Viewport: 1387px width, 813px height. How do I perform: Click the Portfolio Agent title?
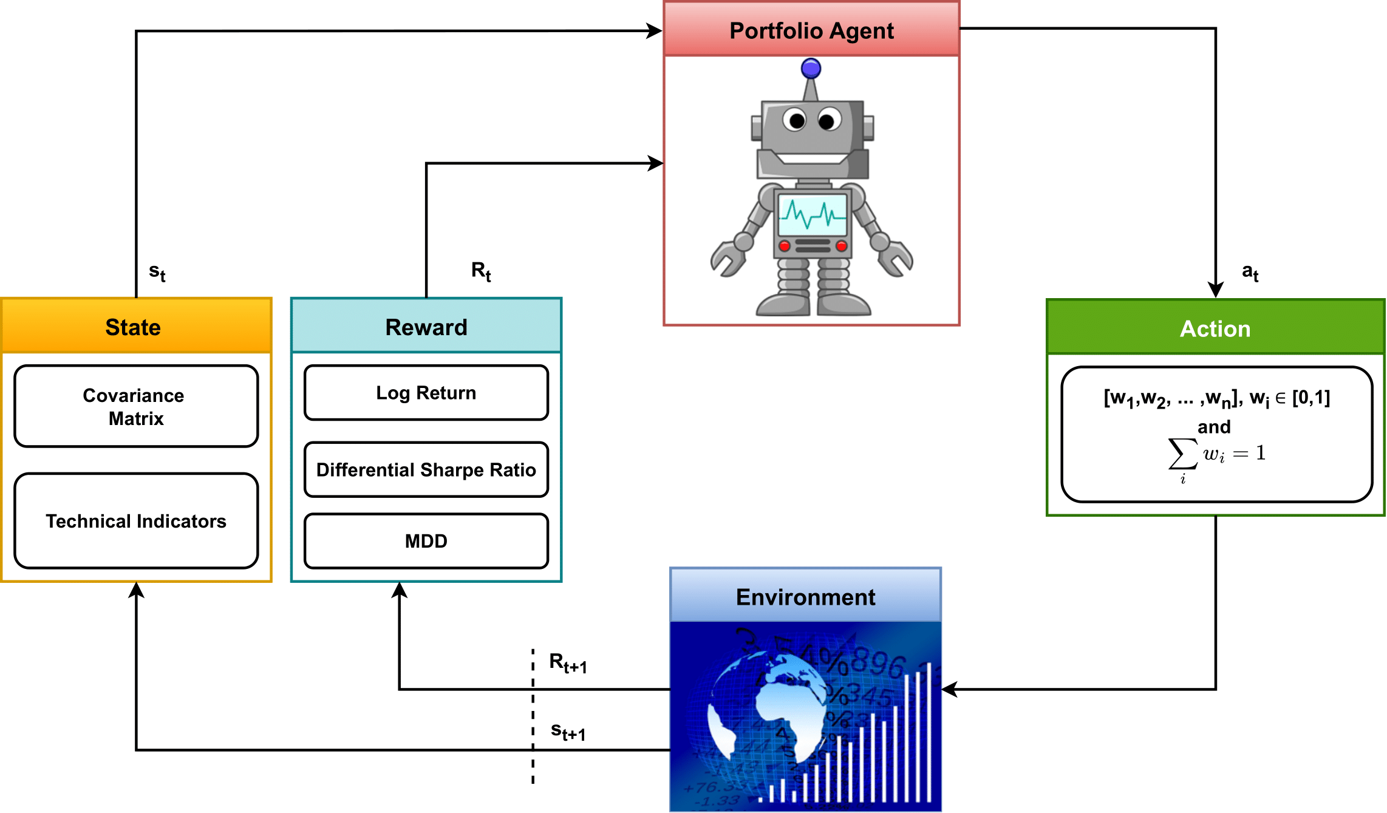811,30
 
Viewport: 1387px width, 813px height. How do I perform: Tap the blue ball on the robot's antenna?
811,69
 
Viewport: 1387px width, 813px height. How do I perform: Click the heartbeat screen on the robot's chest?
813,215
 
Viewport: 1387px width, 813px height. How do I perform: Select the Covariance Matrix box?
136,406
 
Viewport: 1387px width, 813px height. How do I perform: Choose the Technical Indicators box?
136,521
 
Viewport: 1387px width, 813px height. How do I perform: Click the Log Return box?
426,393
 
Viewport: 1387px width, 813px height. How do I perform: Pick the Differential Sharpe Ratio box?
426,469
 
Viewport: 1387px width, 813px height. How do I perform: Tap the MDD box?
426,541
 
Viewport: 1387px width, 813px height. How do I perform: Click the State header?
134,327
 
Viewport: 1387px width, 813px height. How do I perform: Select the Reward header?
426,327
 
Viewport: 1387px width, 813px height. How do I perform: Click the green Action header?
1215,328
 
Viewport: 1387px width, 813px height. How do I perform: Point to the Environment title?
805,597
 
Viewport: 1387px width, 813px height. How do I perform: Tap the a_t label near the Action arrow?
1250,272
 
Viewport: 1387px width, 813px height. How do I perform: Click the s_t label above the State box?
157,272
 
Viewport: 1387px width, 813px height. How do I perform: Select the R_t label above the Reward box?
481,271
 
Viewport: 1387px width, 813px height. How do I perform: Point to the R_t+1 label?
568,662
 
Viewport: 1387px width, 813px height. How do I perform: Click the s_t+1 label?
568,731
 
